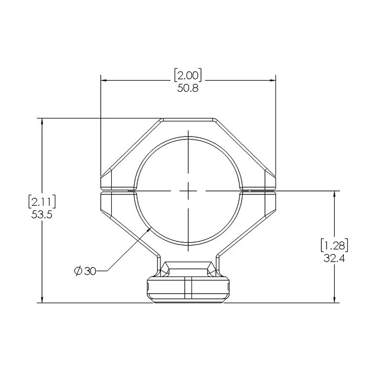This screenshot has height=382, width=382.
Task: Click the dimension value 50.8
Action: tap(188, 88)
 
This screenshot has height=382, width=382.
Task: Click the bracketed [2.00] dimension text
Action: tap(188, 75)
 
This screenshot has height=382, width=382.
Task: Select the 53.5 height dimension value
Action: tap(42, 215)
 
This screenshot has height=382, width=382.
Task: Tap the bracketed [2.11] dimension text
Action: tap(42, 202)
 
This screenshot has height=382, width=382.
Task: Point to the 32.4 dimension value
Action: tap(334, 259)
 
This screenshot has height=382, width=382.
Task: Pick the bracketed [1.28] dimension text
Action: tap(334, 246)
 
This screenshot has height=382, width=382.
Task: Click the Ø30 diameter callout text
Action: tap(86, 271)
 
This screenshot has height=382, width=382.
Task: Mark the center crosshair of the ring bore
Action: tap(188, 191)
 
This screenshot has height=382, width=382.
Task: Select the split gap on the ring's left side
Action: tap(117, 191)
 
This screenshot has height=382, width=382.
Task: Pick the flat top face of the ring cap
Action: tap(188, 119)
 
